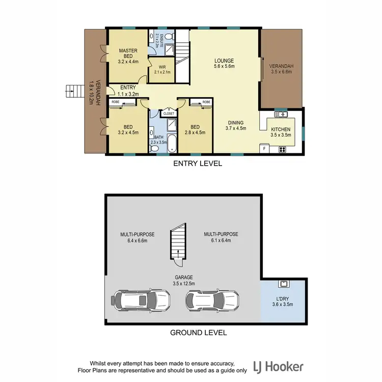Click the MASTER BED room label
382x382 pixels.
point(125,54)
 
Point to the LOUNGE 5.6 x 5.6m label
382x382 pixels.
point(224,63)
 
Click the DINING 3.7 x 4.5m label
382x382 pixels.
point(236,125)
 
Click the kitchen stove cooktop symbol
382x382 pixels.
point(282,149)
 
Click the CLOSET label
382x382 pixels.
point(169,114)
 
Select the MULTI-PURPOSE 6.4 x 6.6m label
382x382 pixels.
point(137,237)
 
